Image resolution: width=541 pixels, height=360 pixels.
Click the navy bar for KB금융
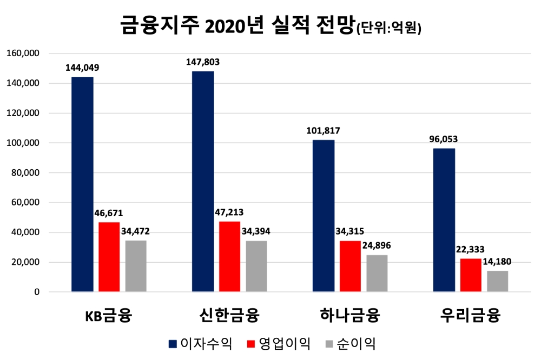click(x=82, y=184)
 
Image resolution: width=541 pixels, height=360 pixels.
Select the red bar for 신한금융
click(x=229, y=257)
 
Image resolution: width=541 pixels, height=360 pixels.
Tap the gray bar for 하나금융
click(x=377, y=274)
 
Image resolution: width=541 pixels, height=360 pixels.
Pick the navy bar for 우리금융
click(x=444, y=220)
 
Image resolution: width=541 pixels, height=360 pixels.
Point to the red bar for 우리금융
click(x=471, y=275)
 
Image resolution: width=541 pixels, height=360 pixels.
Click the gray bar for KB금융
click(x=136, y=266)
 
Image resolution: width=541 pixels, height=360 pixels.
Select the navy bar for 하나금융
click(x=324, y=216)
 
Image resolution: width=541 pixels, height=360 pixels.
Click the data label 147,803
click(x=203, y=62)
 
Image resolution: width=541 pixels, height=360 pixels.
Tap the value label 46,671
click(x=109, y=213)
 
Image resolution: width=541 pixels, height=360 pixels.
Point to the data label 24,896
click(x=377, y=245)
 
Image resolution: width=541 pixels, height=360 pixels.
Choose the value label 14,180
click(x=497, y=262)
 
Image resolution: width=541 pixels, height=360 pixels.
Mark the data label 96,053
click(x=444, y=139)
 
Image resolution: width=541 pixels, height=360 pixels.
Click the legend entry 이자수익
click(x=200, y=343)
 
